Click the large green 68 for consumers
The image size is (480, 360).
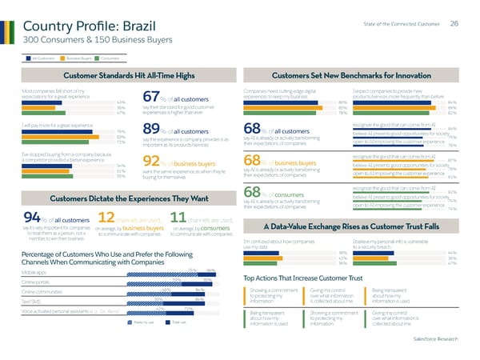pyautogui.click(x=252, y=193)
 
